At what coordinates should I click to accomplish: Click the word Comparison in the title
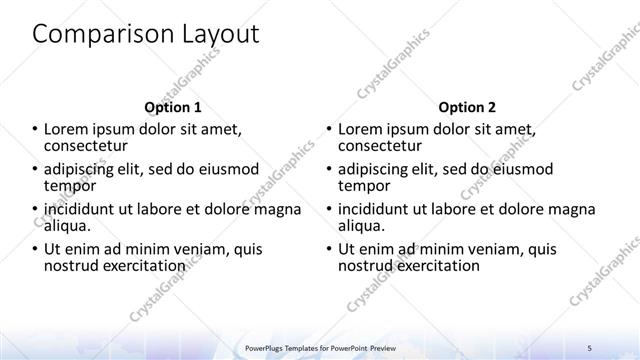(95, 34)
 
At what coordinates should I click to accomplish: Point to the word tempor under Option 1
(70, 185)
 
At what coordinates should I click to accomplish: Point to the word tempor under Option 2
(364, 185)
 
